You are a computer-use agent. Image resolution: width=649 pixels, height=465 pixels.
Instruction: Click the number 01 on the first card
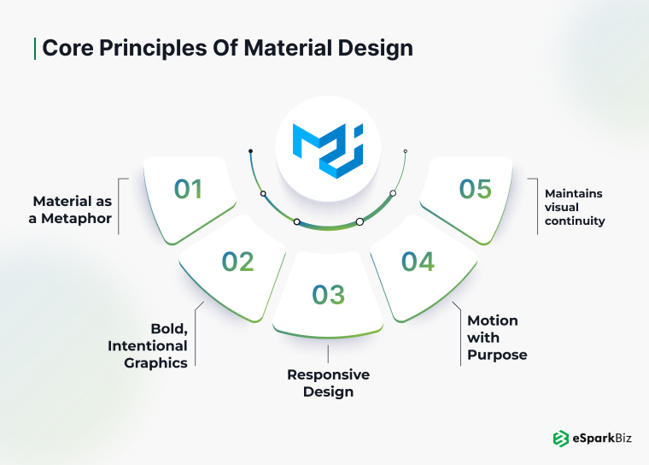pos(189,189)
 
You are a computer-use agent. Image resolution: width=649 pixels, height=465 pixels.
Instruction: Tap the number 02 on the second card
pos(238,262)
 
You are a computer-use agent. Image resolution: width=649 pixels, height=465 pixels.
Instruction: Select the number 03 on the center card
pos(328,295)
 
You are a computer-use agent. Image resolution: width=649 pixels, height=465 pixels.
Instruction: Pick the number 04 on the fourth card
pos(418,262)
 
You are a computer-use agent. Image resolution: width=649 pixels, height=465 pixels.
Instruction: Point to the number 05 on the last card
pos(476,189)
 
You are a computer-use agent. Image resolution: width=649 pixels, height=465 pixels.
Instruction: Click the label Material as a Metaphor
pos(72,209)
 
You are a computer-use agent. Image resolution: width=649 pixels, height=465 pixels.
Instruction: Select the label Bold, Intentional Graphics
pos(147,345)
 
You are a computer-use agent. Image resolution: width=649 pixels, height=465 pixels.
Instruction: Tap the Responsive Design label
pos(328,383)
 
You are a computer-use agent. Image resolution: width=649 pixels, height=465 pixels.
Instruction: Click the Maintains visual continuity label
pos(575,207)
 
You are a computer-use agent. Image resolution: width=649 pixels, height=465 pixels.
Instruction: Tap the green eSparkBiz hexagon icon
pos(561,439)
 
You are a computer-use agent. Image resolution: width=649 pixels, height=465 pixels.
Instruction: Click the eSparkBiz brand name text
pos(604,439)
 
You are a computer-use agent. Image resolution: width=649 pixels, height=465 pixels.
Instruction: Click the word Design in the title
pos(375,47)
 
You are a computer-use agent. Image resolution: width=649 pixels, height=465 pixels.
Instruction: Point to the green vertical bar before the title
pos(35,47)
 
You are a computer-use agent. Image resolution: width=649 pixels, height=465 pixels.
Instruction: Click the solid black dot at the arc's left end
pos(250,151)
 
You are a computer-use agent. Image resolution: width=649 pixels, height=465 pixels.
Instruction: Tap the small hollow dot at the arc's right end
pos(405,151)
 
